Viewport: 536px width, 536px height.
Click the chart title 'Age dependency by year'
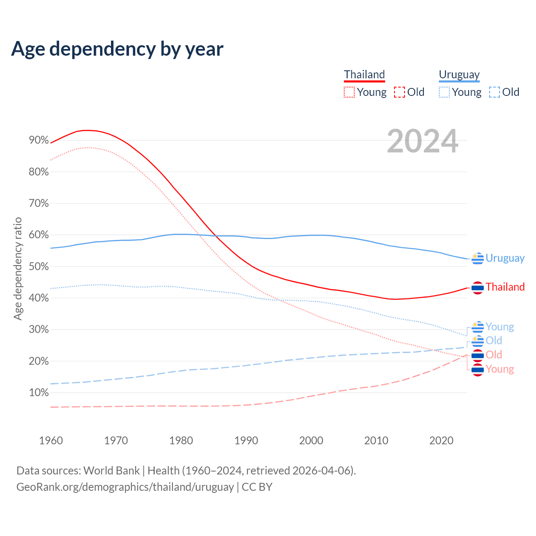coord(117,49)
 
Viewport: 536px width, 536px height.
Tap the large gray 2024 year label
coord(423,141)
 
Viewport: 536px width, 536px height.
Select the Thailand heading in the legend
coord(364,75)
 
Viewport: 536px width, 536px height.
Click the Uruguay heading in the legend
coord(459,75)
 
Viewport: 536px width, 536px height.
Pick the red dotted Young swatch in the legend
coord(349,92)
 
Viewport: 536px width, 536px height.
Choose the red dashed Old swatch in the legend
coord(399,92)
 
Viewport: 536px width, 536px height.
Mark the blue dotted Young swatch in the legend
coord(444,92)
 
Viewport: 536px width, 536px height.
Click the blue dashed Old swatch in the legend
coord(495,92)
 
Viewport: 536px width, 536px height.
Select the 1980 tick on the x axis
coord(181,441)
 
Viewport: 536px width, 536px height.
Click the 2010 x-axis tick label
coord(376,441)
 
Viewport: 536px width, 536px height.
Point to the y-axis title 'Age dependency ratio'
coord(18,268)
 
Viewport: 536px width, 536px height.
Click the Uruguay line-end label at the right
coord(505,258)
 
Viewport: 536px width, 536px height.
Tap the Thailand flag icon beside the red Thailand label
coord(477,288)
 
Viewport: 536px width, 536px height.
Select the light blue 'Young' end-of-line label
coord(500,327)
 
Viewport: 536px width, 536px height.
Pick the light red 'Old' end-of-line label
coord(494,355)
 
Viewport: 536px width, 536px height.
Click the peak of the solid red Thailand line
coord(86,130)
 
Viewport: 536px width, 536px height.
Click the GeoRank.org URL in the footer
coord(125,487)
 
